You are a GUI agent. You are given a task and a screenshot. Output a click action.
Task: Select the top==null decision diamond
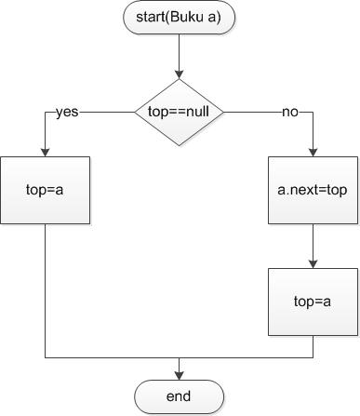point(179,112)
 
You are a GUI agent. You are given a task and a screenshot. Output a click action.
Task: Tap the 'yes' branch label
point(67,112)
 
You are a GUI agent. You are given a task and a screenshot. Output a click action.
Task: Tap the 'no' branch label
point(290,112)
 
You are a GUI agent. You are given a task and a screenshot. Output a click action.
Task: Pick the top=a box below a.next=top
point(313,302)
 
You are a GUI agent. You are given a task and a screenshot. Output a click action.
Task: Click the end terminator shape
point(179,397)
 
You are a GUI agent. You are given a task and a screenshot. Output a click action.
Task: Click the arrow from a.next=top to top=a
point(313,246)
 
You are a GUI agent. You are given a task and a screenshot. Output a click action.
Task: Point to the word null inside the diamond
point(196,112)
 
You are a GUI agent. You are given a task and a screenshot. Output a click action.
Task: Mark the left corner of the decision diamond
point(136,112)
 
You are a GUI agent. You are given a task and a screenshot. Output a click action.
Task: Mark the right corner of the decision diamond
point(222,112)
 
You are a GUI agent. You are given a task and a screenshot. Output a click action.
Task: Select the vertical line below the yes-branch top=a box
point(45,289)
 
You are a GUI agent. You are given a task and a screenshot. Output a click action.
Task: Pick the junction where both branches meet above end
point(179,357)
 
